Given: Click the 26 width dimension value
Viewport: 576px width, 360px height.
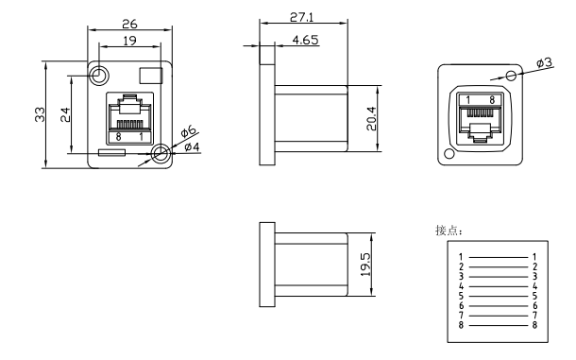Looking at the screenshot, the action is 129,25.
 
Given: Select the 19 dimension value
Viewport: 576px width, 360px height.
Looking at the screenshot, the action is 129,41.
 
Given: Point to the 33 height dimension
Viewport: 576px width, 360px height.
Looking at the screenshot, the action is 40,114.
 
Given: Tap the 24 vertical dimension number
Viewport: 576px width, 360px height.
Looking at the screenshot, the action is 65,114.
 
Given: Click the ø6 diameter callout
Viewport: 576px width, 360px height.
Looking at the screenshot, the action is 189,131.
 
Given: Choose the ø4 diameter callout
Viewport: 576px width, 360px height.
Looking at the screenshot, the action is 192,147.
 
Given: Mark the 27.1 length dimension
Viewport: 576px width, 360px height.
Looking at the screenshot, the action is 301,17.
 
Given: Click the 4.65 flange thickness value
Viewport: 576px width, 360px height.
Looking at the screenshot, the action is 305,40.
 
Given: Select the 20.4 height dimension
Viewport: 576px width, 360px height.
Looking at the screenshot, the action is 371,118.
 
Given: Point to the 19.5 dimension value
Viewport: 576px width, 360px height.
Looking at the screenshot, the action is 365,265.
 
